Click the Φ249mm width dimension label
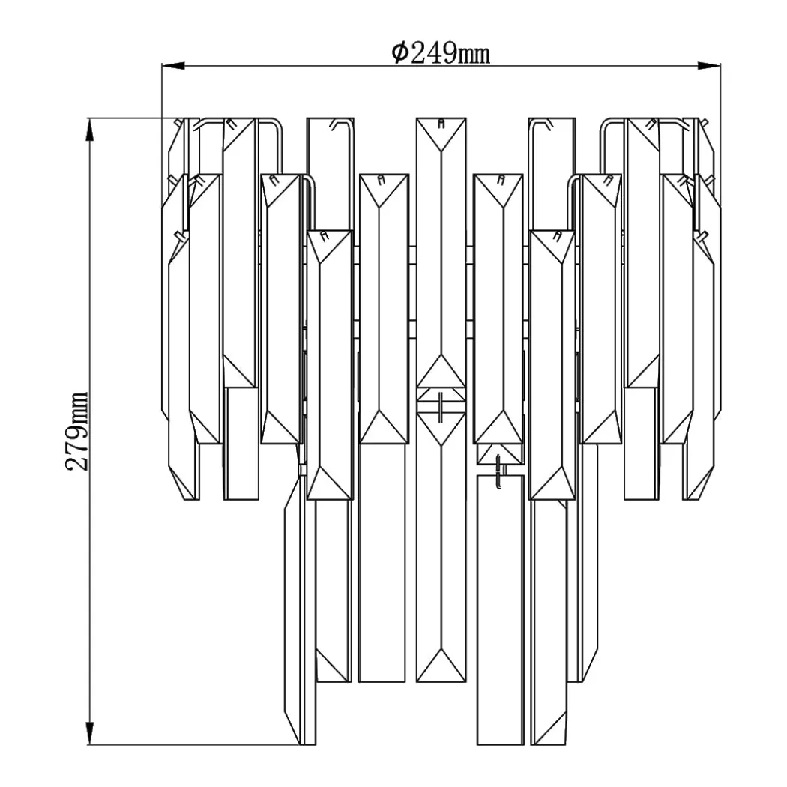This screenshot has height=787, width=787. click(441, 53)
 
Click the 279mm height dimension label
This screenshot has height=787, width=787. click(77, 431)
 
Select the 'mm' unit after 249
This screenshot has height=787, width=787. click(474, 55)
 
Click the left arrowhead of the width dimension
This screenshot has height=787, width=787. click(173, 66)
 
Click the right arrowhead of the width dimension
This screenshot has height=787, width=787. click(709, 66)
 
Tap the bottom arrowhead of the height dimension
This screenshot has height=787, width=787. click(90, 733)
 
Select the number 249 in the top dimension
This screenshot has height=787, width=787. click(433, 53)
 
